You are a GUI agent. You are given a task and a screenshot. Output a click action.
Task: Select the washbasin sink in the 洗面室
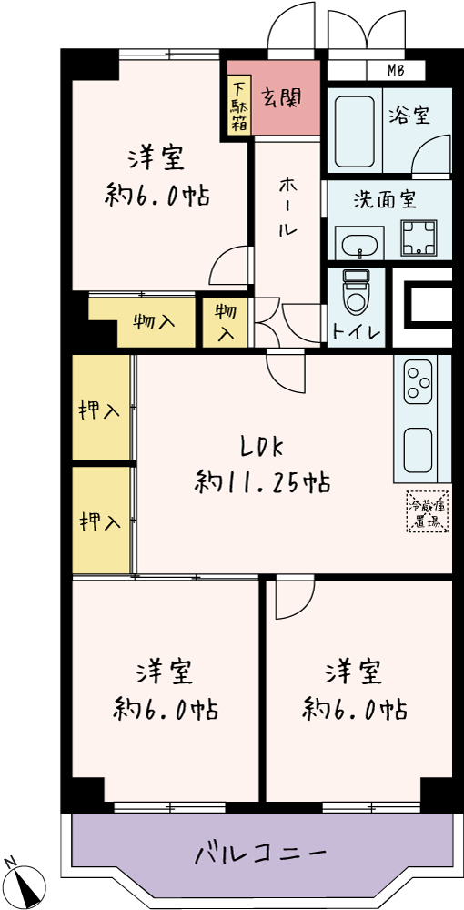tap(359, 244)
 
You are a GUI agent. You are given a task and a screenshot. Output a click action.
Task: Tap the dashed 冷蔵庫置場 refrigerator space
tap(428, 511)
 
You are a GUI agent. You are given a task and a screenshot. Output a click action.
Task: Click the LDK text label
tap(262, 448)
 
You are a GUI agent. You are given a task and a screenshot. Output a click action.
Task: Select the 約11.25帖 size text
tap(262, 481)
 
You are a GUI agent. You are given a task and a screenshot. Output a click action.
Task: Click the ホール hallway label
tap(287, 207)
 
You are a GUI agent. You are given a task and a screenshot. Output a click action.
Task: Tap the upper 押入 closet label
tap(100, 411)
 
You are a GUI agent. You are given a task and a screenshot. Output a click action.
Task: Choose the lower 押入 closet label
tap(100, 521)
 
